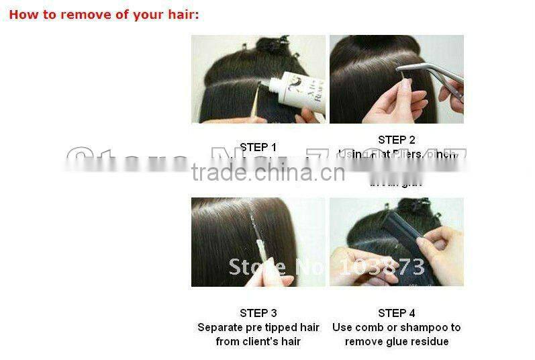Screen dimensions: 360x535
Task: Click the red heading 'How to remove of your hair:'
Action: [x=103, y=14]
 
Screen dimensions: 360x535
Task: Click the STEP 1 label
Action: [x=258, y=147]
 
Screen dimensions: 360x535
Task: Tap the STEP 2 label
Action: [x=396, y=140]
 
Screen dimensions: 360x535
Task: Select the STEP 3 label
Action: [x=258, y=313]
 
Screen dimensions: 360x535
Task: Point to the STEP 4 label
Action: [x=396, y=313]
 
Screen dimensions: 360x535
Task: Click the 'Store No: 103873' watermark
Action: [x=327, y=266]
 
